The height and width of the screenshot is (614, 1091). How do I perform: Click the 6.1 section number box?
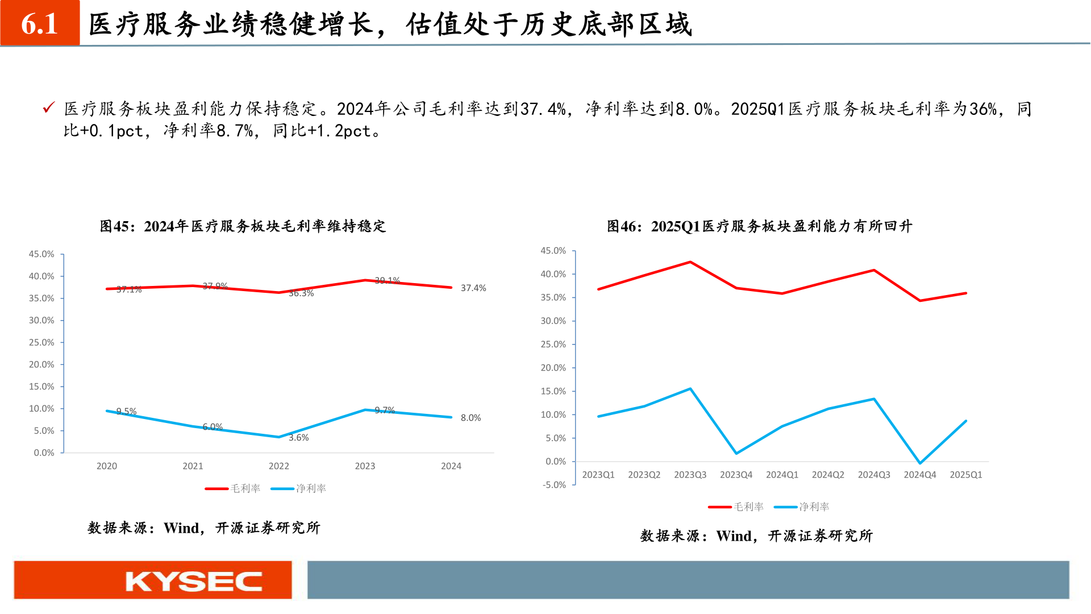[40, 23]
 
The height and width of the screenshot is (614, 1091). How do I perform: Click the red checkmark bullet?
[49, 107]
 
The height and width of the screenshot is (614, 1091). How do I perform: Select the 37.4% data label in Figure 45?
[473, 288]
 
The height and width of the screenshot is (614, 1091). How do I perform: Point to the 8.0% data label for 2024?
[470, 418]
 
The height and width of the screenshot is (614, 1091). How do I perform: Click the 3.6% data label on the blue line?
[298, 438]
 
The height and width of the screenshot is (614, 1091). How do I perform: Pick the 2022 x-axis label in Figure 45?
[278, 466]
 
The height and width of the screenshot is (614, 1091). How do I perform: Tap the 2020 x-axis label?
[106, 466]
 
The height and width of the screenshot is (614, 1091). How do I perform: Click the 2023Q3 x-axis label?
[690, 475]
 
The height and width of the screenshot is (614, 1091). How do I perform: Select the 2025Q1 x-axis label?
[965, 475]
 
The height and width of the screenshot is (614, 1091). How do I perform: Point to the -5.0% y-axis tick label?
[554, 485]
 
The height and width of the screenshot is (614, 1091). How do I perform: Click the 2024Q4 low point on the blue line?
[920, 463]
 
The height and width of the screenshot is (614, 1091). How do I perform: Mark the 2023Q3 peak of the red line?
[690, 262]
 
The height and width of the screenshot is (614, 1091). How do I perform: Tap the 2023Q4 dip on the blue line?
[736, 453]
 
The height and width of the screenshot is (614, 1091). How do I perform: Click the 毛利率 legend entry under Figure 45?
[233, 488]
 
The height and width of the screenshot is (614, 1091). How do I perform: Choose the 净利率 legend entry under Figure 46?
[802, 507]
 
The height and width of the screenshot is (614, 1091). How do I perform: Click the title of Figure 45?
[243, 226]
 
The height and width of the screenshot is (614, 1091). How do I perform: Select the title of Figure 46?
[759, 226]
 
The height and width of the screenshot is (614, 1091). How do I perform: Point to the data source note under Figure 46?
[756, 536]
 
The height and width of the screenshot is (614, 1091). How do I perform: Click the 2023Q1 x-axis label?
[598, 475]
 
